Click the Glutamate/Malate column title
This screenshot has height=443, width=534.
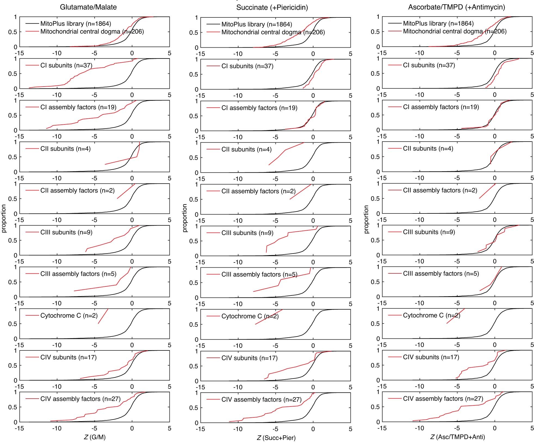point(88,7)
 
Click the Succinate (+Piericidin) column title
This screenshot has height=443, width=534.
point(272,8)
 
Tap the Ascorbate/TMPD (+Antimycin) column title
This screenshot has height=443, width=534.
point(457,7)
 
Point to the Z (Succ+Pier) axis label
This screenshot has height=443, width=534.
point(276,438)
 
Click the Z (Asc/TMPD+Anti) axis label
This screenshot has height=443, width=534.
point(457,437)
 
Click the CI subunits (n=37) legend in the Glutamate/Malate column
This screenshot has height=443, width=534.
point(66,65)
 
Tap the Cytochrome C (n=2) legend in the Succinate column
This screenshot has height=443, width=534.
point(250,316)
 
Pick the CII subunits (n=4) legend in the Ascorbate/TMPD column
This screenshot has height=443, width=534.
point(428,148)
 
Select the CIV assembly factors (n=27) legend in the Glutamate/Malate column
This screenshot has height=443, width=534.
point(80,399)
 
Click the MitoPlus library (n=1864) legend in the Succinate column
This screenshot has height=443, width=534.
point(256,24)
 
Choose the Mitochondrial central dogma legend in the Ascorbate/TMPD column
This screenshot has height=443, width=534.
point(455,31)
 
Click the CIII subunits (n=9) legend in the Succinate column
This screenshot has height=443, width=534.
point(247,233)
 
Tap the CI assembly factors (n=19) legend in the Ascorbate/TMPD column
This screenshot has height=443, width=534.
point(441,107)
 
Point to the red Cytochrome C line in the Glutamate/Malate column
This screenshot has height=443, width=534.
point(103,316)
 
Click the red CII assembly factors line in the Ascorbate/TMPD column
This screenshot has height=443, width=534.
point(487,191)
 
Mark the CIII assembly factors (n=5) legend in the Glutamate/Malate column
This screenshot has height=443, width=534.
point(78,274)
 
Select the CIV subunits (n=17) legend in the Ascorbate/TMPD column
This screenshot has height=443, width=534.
point(431,357)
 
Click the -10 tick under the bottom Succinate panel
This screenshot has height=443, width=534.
point(238,429)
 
